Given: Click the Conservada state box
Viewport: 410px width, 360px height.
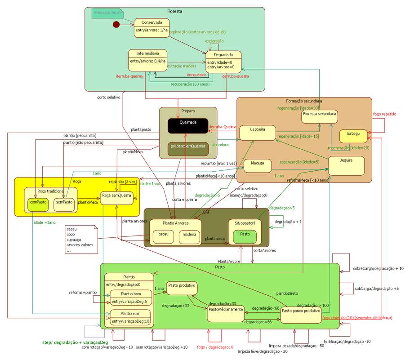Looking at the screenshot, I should pyautogui.click(x=152, y=28).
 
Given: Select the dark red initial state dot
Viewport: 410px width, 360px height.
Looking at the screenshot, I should pyautogui.click(x=116, y=24).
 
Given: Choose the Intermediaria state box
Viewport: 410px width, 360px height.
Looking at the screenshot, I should pyautogui.click(x=147, y=59).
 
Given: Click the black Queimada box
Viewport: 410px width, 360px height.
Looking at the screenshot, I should pyautogui.click(x=188, y=126).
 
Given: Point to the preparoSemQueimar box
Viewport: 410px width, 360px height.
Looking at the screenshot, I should pyautogui.click(x=188, y=149).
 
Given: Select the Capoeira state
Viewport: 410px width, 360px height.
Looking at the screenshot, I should pyautogui.click(x=257, y=132).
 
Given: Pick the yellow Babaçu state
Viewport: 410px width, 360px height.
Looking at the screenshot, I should pyautogui.click(x=353, y=135).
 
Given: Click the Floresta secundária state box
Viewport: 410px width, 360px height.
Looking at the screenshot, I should pyautogui.click(x=320, y=116).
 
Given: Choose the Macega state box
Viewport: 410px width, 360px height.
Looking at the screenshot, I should pyautogui.click(x=257, y=165).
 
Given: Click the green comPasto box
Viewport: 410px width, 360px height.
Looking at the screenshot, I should pyautogui.click(x=38, y=204).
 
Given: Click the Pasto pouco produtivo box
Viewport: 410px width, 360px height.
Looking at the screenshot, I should pyautogui.click(x=301, y=314).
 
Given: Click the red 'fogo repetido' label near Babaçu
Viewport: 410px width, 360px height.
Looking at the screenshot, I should pyautogui.click(x=384, y=114).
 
